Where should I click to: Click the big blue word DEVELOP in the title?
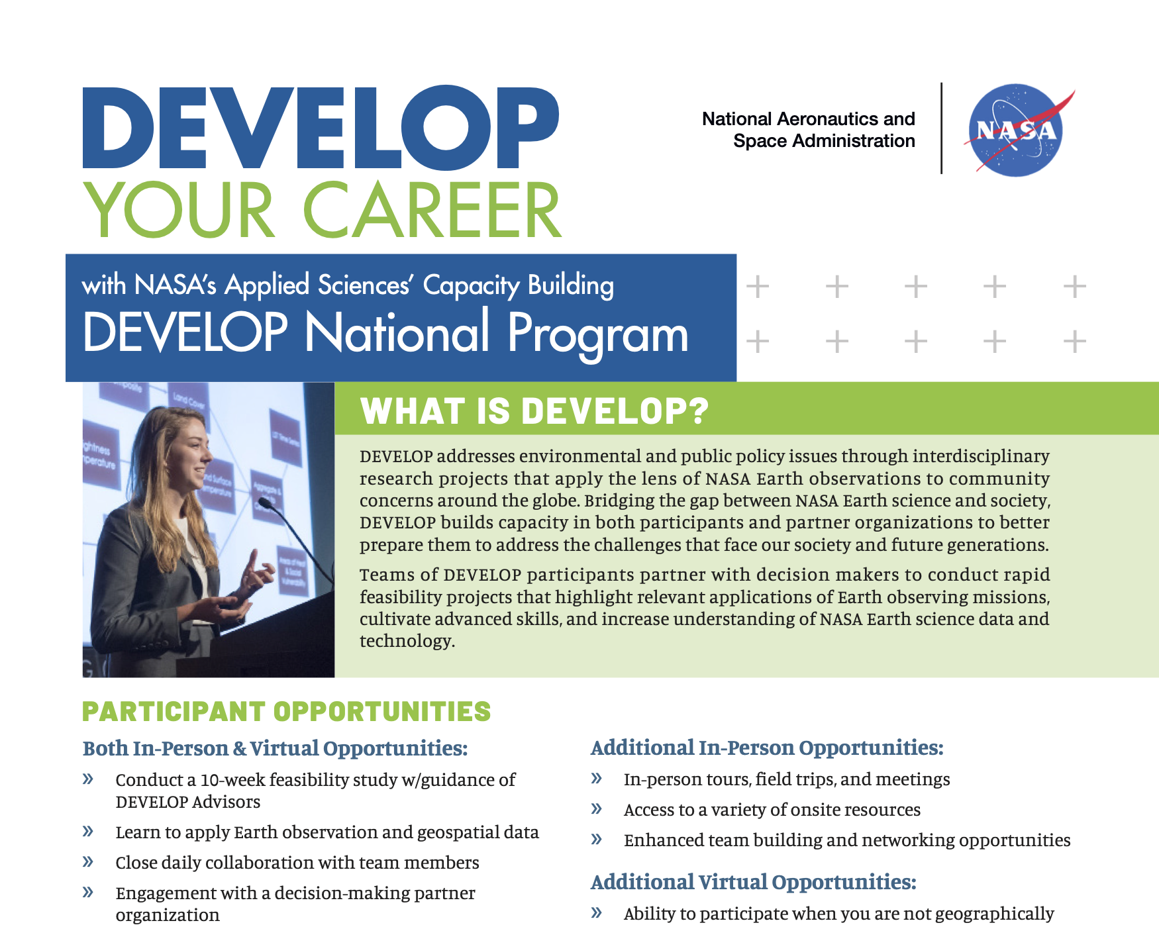(x=321, y=127)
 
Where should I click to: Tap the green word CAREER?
(x=432, y=210)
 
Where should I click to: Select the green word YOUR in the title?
(x=179, y=210)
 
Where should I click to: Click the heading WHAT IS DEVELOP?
(x=534, y=411)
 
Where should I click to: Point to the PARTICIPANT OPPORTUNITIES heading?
(x=286, y=712)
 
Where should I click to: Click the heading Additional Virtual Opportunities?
(x=754, y=882)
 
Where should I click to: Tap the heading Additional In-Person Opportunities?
(x=767, y=748)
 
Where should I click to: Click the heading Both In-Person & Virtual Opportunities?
(x=275, y=749)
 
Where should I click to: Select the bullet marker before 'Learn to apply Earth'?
(x=87, y=832)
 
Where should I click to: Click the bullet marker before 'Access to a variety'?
(x=596, y=809)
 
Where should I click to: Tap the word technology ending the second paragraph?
(x=405, y=641)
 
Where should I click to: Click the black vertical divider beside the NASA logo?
(x=941, y=128)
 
